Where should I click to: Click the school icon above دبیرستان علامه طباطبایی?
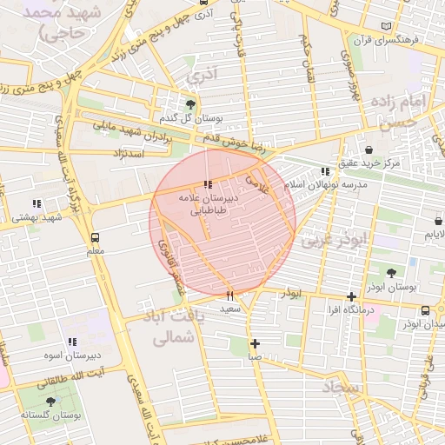[206, 184]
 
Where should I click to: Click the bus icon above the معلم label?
[95, 236]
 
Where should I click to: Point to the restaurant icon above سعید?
[230, 295]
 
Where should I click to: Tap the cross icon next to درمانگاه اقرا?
[350, 296]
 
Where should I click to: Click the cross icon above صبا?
[255, 342]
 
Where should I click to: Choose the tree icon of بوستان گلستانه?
[50, 402]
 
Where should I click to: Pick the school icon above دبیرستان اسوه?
[72, 342]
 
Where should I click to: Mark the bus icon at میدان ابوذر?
[425, 310]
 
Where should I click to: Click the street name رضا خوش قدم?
[226, 141]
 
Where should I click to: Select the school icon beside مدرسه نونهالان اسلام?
[325, 172]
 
